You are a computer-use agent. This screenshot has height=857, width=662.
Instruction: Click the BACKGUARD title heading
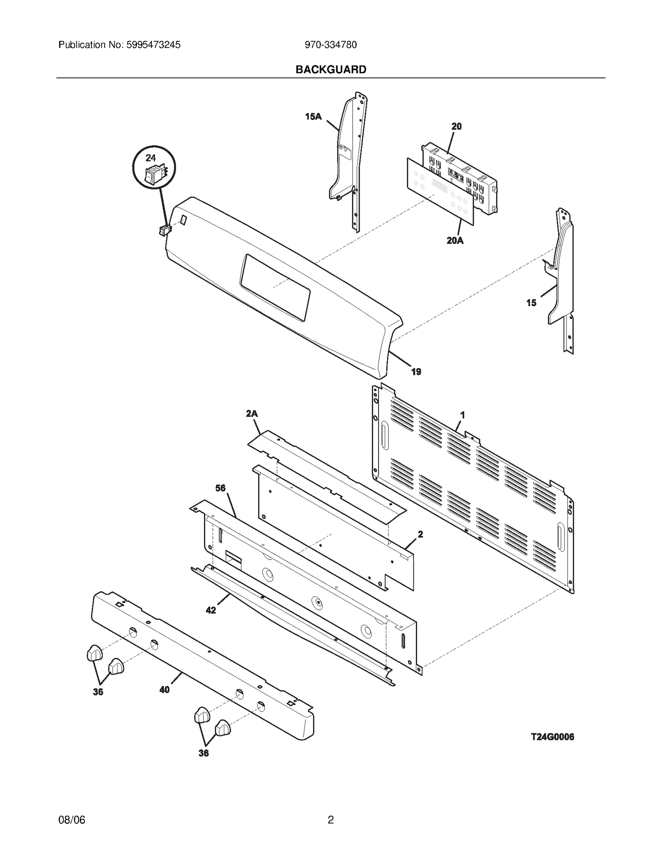coord(331,70)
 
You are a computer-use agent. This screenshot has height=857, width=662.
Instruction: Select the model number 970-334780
coord(331,45)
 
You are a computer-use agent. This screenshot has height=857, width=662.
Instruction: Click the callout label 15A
coord(313,117)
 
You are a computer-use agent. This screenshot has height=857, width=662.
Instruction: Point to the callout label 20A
coord(455,240)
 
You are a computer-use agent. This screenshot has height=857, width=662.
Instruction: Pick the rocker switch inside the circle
coord(154,174)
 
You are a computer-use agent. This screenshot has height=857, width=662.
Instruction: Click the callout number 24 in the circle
coord(151,158)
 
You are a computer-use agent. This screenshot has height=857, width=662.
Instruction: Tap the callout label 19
coord(416,372)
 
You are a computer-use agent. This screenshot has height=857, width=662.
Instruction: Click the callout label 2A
coord(252,413)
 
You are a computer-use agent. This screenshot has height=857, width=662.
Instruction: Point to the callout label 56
coord(221,488)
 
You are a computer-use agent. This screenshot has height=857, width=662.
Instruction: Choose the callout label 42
coord(211,610)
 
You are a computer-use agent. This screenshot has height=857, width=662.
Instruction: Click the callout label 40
coord(164,690)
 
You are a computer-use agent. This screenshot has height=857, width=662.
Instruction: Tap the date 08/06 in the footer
coord(72,819)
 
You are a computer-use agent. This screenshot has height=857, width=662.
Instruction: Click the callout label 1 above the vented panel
coord(463,415)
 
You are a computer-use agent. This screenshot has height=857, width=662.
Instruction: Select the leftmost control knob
coord(94,653)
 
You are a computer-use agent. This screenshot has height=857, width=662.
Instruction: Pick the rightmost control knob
coord(223,728)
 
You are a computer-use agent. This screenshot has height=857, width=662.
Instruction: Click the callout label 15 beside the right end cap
coord(531,303)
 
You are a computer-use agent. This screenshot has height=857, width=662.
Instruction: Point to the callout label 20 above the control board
coord(456,127)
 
